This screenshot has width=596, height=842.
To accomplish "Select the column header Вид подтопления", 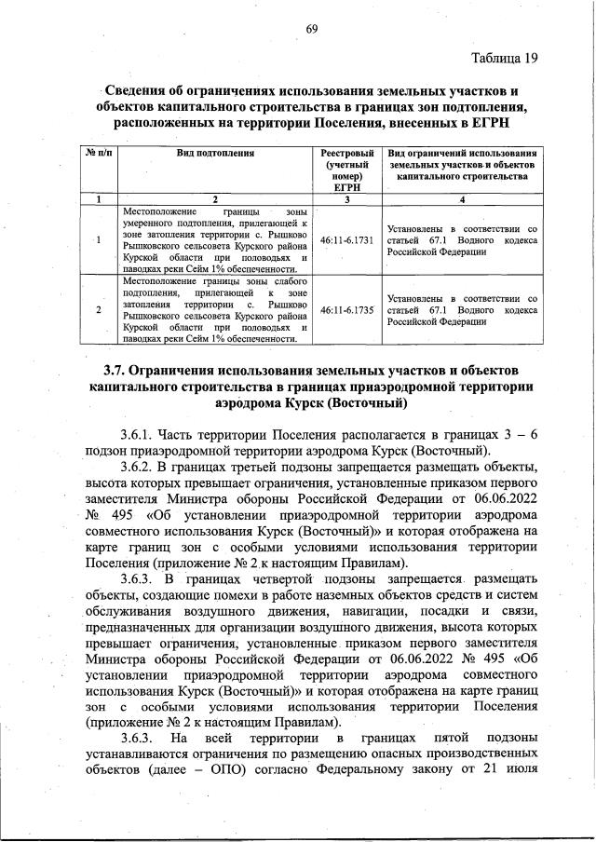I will [215, 152].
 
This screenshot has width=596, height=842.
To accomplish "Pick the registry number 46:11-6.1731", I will [345, 239].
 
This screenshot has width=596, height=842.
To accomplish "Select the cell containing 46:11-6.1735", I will [345, 308].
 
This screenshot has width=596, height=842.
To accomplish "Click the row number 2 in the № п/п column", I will [100, 308].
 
